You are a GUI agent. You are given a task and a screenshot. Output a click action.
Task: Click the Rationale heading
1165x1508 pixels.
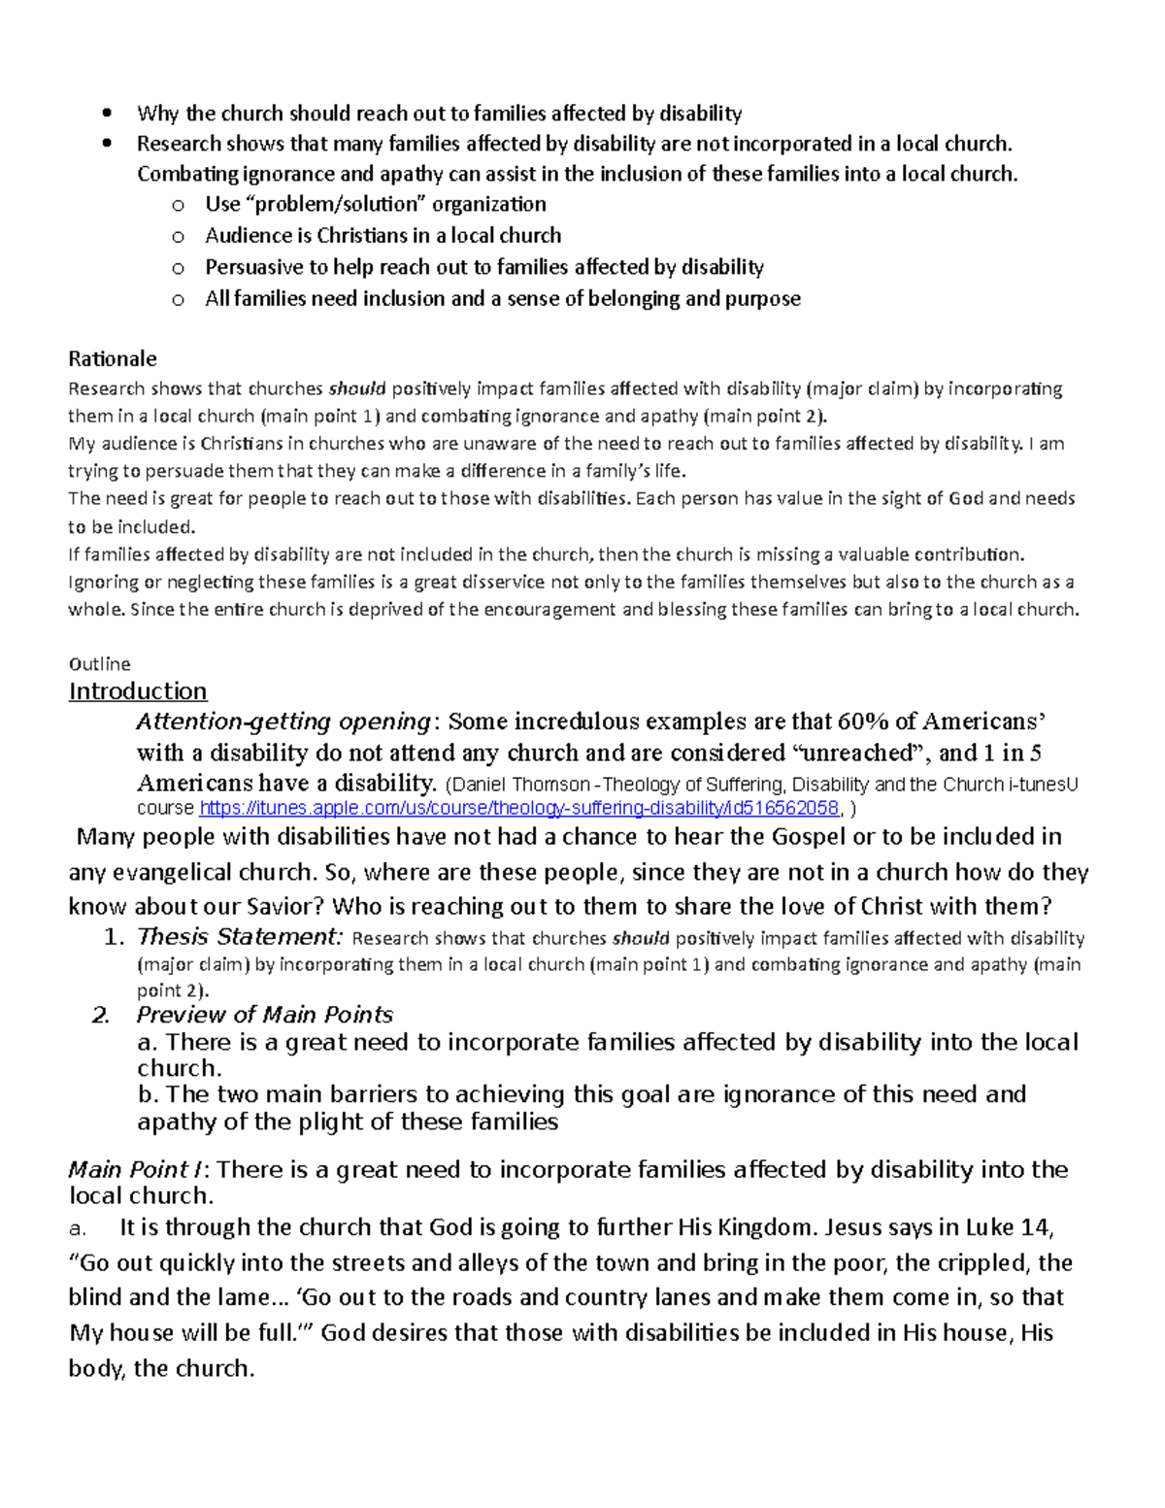(x=112, y=358)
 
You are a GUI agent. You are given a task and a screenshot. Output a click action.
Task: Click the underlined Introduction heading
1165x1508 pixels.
(x=137, y=691)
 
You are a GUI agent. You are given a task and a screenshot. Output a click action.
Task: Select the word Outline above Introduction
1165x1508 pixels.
(x=99, y=664)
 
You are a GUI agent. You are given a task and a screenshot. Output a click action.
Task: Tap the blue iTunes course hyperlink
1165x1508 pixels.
(x=519, y=809)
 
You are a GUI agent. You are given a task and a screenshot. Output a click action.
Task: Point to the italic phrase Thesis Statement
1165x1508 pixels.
(x=240, y=937)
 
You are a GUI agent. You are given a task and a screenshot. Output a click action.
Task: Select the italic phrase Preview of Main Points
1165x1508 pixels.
(x=264, y=1015)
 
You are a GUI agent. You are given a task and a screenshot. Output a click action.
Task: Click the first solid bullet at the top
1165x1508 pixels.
(x=108, y=114)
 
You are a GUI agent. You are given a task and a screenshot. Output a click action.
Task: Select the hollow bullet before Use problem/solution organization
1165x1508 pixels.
(x=177, y=205)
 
